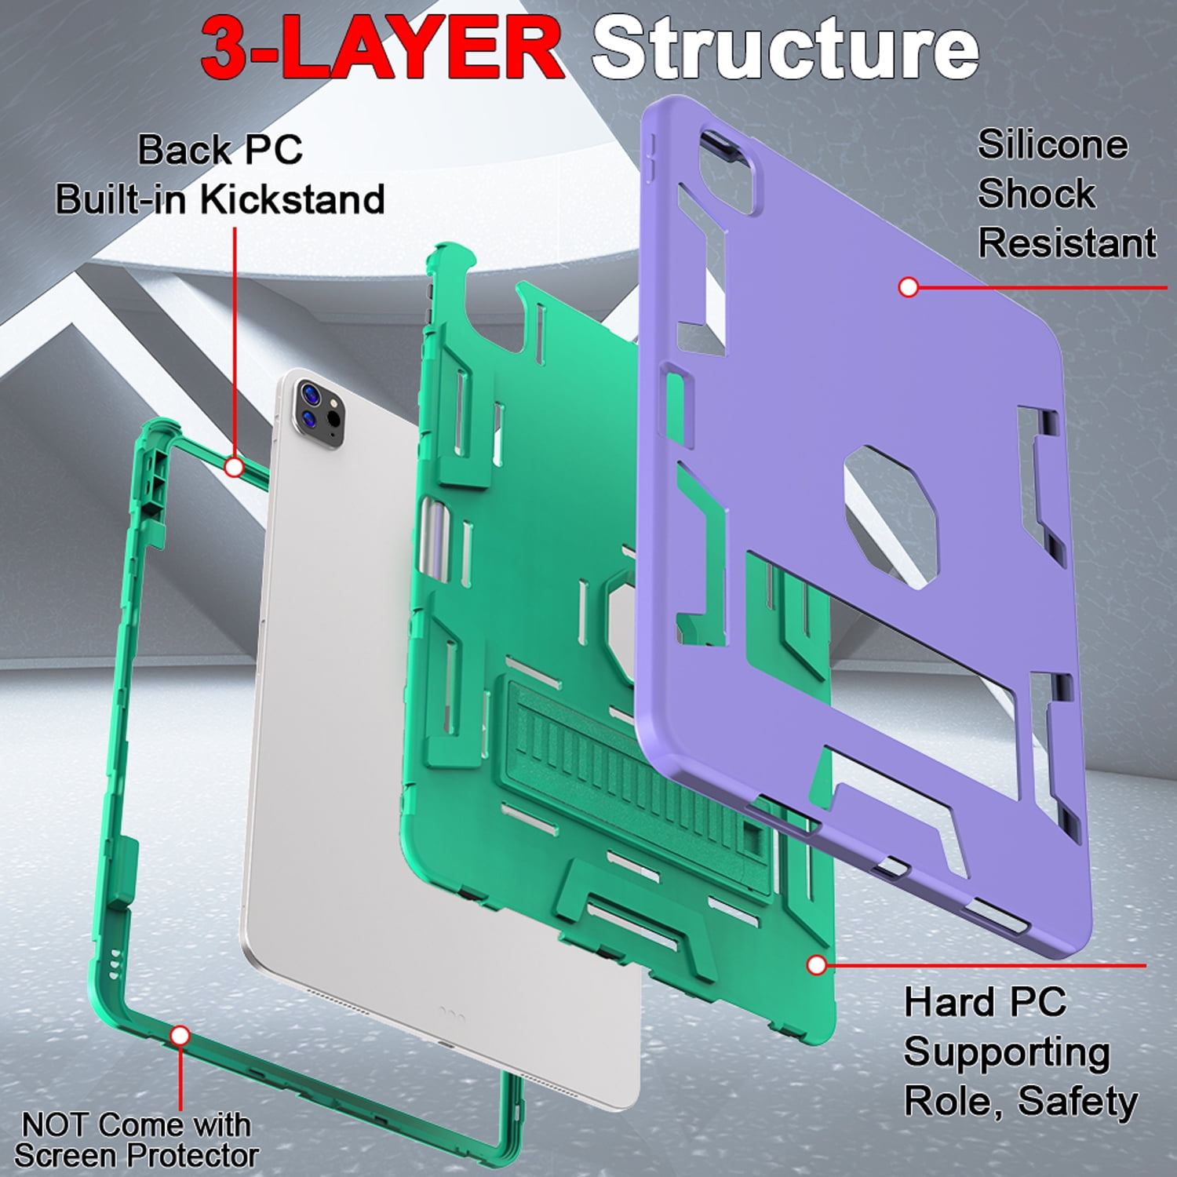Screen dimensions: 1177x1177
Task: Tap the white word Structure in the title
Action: pyautogui.click(x=785, y=48)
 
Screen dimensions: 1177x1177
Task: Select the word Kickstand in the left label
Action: pyautogui.click(x=292, y=199)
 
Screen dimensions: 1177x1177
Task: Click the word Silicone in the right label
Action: pyautogui.click(x=1052, y=144)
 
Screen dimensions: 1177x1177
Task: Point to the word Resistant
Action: pyautogui.click(x=1067, y=242)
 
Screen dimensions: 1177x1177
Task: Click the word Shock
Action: pyautogui.click(x=1036, y=193)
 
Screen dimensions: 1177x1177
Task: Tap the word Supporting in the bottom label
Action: pyautogui.click(x=1007, y=1053)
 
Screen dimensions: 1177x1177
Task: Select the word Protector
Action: pyautogui.click(x=195, y=1155)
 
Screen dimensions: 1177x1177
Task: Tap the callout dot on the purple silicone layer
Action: pyautogui.click(x=908, y=287)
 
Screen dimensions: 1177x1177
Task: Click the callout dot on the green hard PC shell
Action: pyautogui.click(x=816, y=964)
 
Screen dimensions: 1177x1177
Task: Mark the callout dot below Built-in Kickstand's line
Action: pyautogui.click(x=235, y=468)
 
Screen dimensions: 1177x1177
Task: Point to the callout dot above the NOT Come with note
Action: pyautogui.click(x=180, y=1036)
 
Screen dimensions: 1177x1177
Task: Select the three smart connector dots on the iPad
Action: pyautogui.click(x=451, y=1011)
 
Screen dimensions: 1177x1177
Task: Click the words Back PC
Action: pyautogui.click(x=220, y=150)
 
